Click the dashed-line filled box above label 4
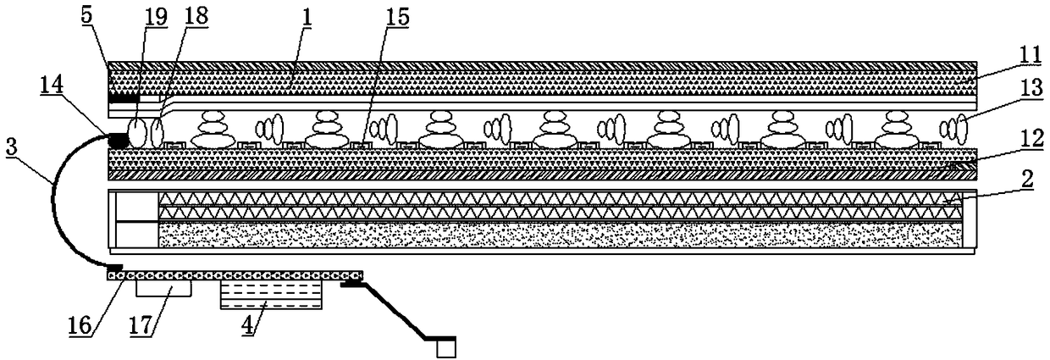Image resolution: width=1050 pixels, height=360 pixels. [271, 294]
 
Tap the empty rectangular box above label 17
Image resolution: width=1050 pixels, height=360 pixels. [163, 288]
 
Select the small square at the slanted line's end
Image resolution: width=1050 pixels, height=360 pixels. [445, 348]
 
